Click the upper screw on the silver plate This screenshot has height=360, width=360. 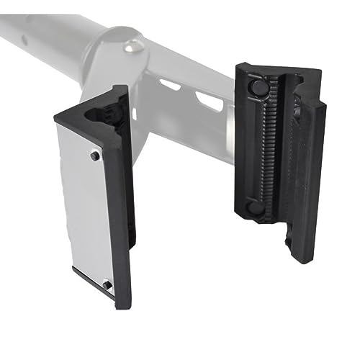coord(94,156)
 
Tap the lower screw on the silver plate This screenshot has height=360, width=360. coord(107,284)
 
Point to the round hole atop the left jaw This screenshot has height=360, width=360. coord(99,113)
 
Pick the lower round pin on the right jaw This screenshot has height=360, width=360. coord(255,207)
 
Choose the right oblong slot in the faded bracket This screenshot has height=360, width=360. coord(210,102)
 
